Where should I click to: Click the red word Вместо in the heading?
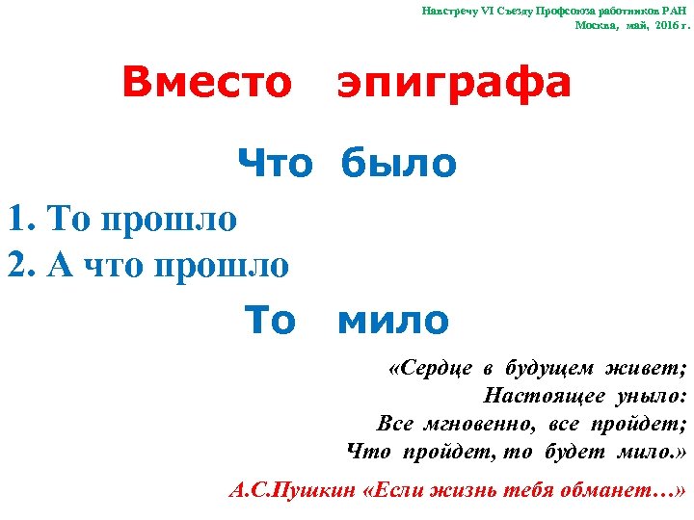206,83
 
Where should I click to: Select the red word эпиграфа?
454,85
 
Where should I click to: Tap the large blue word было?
397,164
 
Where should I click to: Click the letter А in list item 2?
56,264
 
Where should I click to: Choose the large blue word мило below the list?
393,320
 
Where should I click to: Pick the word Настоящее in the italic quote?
545,397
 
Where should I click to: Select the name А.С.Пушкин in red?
292,489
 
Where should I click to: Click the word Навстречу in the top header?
451,11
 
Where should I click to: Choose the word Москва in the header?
596,26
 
